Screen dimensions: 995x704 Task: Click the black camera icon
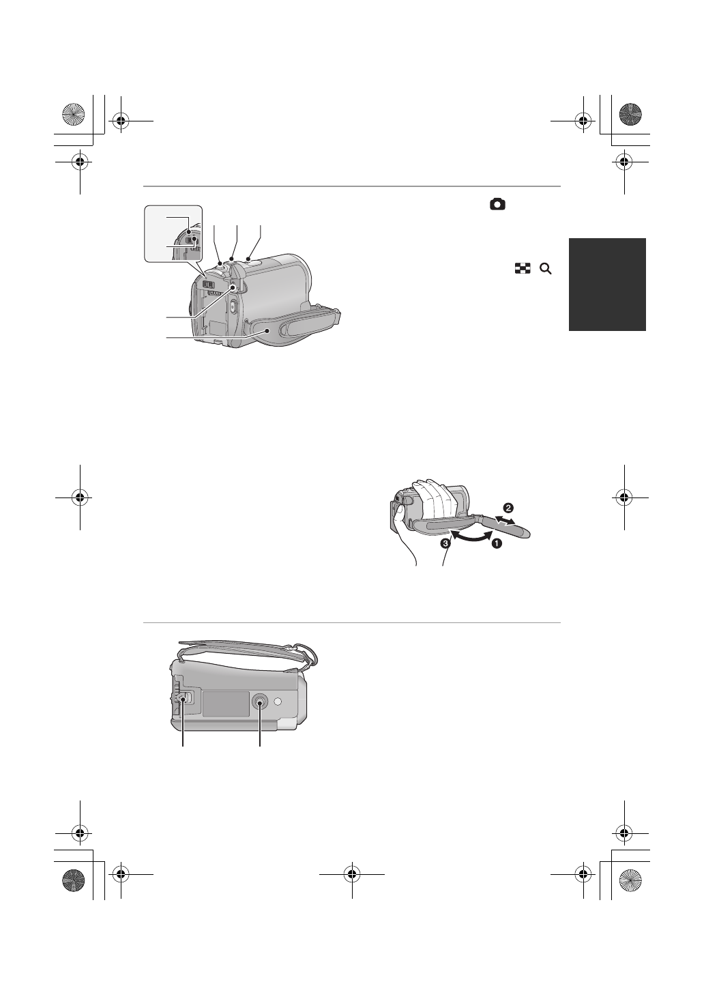point(497,204)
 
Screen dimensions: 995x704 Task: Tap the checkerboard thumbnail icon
point(523,270)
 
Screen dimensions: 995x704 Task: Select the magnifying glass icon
point(545,270)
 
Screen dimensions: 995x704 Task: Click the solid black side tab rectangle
point(607,285)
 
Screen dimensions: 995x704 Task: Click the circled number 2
point(508,508)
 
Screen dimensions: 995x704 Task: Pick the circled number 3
point(445,544)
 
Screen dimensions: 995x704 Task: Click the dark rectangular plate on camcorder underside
point(224,704)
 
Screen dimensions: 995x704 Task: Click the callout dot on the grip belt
point(266,330)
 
